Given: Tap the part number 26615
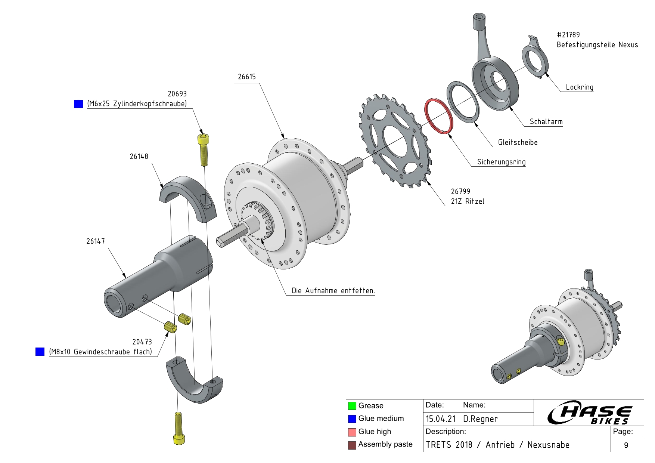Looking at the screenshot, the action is point(247,77).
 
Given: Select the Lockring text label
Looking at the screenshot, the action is point(580,87).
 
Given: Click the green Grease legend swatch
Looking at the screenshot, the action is point(352,406).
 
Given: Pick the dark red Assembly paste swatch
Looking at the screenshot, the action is point(352,445).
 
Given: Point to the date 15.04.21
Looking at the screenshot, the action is point(441,419).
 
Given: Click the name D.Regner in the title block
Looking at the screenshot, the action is point(480,419).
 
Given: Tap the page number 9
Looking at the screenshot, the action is point(626,445).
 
